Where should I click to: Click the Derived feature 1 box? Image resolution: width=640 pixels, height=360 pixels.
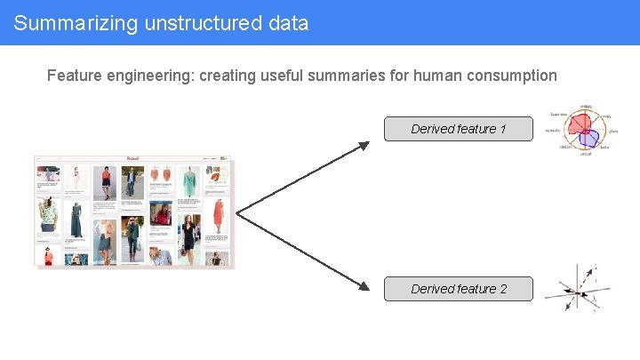pyautogui.click(x=459, y=129)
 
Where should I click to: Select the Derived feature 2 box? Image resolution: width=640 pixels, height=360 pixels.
pyautogui.click(x=459, y=289)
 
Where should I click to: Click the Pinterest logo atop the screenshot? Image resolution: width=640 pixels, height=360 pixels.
pyautogui.click(x=133, y=158)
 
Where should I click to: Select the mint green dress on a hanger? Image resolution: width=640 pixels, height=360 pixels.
pyautogui.click(x=189, y=181)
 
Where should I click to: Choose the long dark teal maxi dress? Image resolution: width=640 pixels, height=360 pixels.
pyautogui.click(x=76, y=220)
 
